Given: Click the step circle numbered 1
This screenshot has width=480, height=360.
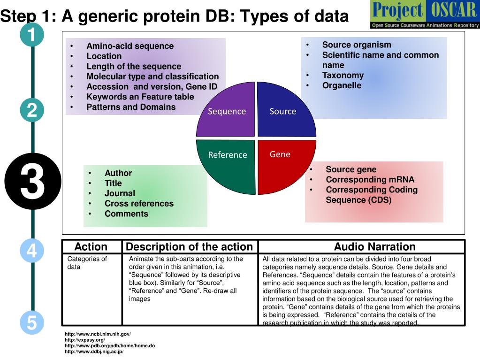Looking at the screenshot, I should (x=32, y=35).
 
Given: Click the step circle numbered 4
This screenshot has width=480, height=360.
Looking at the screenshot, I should (x=32, y=250).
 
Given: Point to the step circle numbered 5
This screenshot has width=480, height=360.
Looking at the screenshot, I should (x=32, y=322).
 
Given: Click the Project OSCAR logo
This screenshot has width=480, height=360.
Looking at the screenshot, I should (x=425, y=15).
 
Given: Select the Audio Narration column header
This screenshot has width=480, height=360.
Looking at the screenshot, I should (x=374, y=247).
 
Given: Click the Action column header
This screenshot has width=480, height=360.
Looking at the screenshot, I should (x=91, y=247).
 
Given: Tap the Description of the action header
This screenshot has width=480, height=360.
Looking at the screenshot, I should (x=190, y=247).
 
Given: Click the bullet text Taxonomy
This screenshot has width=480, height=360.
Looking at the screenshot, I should (x=343, y=75).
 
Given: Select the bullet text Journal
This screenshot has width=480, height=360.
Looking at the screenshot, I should (x=120, y=193).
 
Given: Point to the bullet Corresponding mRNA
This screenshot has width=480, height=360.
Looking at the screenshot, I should (x=370, y=179).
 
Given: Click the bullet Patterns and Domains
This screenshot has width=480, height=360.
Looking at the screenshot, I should (x=131, y=107).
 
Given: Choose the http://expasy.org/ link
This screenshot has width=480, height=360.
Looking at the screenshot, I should (x=85, y=340).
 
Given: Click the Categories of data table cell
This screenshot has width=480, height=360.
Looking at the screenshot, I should (x=87, y=263).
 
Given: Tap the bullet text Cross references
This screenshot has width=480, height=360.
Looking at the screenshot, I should (x=139, y=204).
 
